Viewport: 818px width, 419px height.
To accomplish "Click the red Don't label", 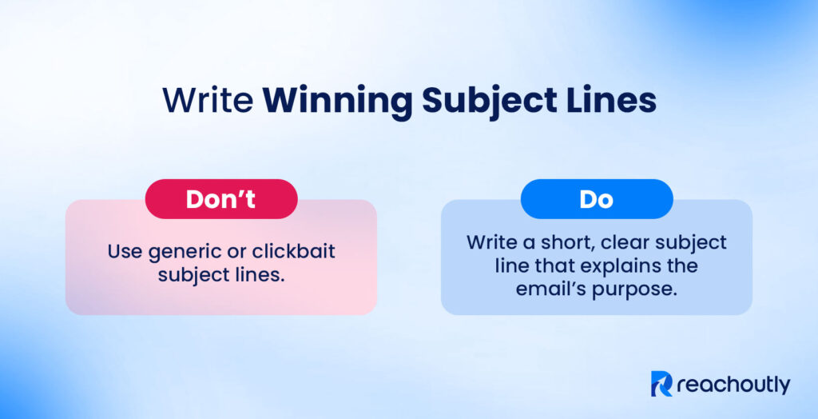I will (221, 199).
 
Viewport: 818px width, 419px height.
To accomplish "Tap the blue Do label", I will (596, 199).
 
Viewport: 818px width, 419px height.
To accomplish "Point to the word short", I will (554, 241).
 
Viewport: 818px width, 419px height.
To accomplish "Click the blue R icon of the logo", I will (662, 385).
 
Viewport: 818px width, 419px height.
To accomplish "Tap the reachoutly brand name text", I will (733, 385).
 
